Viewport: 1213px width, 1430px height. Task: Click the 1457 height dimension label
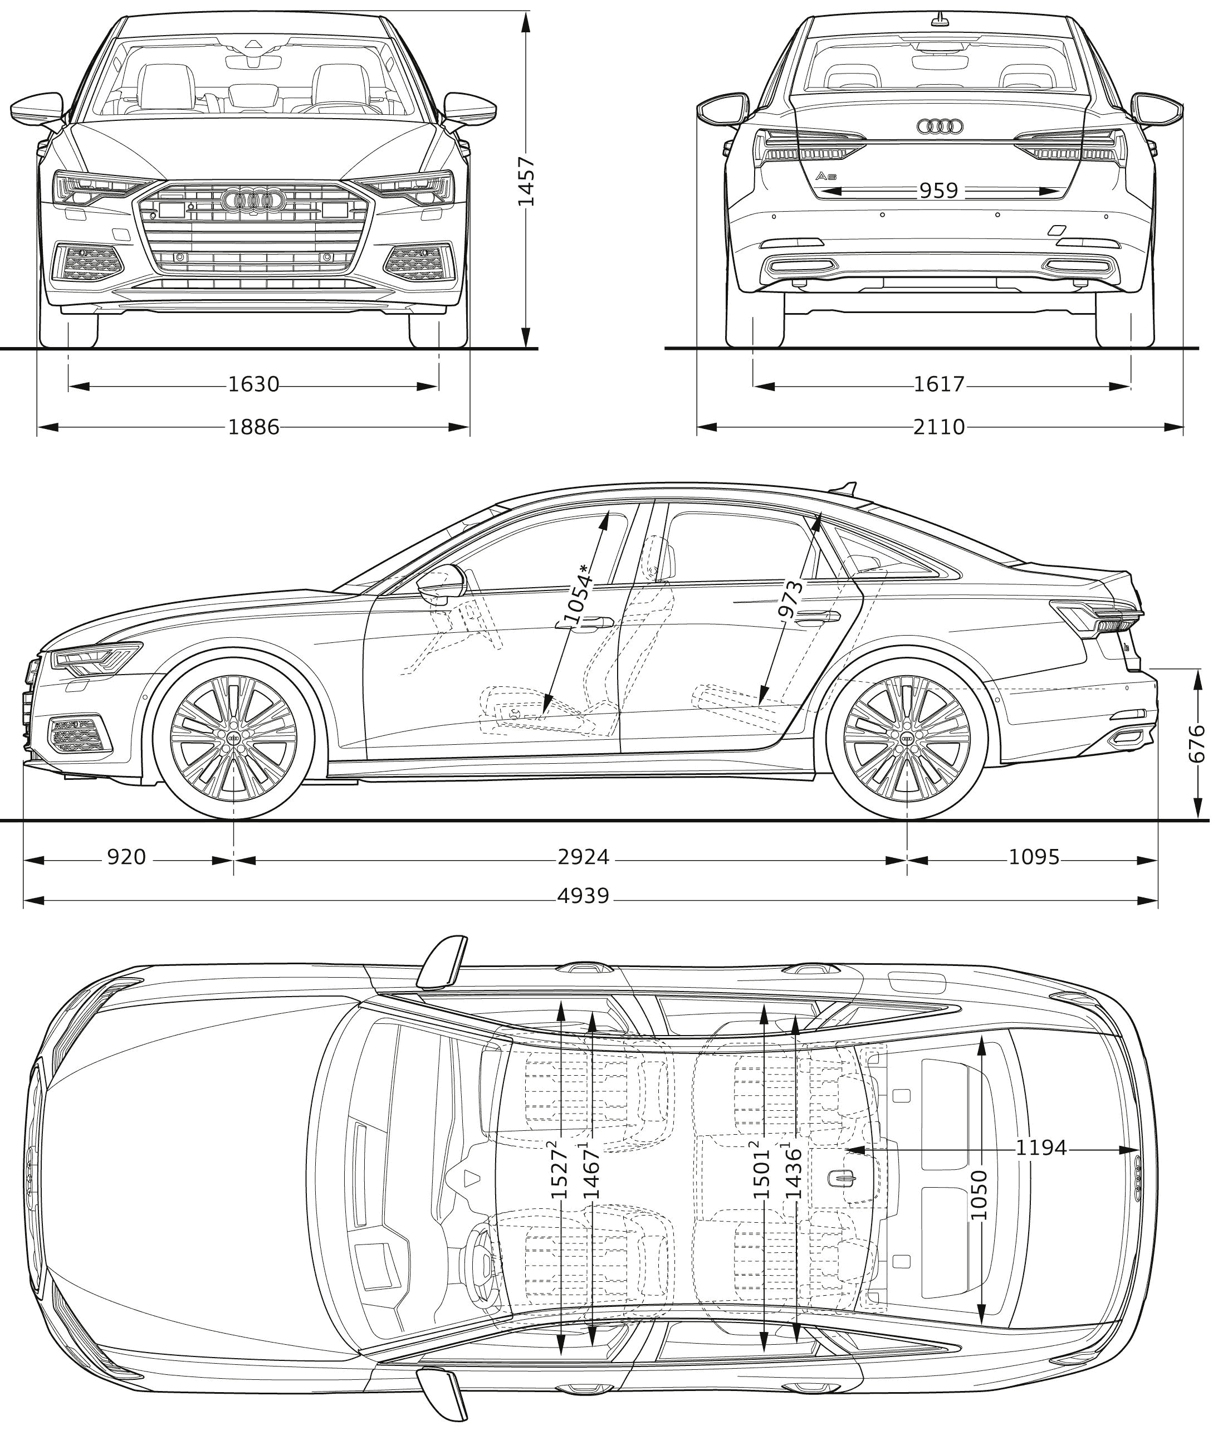click(x=526, y=181)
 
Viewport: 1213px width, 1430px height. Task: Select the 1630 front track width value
click(x=254, y=384)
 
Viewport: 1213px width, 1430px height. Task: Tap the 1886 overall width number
click(x=254, y=427)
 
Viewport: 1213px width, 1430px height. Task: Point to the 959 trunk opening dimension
click(x=938, y=191)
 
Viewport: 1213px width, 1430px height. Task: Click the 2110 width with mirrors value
click(x=940, y=427)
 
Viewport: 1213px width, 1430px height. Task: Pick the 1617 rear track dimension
click(x=940, y=384)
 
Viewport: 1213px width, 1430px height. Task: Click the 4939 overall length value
click(x=583, y=896)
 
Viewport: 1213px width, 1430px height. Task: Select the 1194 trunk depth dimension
click(x=1041, y=1148)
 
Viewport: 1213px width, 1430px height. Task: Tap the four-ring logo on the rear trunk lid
click(x=940, y=126)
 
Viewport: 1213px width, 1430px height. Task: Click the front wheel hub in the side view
click(x=234, y=738)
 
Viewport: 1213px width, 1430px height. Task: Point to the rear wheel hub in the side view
click(x=907, y=738)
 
